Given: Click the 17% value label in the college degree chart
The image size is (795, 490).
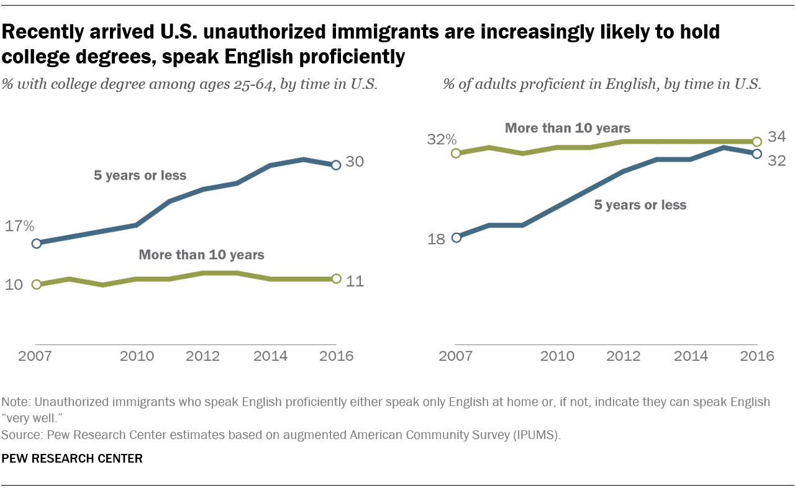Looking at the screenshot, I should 20,226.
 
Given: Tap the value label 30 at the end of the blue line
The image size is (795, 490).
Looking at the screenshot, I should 355,162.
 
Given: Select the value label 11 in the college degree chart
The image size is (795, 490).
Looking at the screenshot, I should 355,281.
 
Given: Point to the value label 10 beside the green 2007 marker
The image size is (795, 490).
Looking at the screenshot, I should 14,285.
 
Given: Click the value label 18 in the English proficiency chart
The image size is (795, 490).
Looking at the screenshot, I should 437,239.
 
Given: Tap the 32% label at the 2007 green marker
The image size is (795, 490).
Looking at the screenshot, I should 441,139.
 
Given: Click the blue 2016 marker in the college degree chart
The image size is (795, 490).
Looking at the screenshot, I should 336,165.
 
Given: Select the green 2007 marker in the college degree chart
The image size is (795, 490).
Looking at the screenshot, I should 36,284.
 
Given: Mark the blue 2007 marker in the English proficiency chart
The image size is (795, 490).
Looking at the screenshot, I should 457,237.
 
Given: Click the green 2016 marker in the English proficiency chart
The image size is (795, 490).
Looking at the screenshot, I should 756,141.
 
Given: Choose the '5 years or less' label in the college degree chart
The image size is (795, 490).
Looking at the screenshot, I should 140,175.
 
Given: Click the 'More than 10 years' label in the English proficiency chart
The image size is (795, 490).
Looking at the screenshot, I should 568,128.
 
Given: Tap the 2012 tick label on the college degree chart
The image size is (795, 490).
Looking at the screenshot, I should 204,356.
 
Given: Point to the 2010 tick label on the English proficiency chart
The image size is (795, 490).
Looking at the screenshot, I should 557,356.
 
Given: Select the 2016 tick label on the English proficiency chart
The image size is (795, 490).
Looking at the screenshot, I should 757,356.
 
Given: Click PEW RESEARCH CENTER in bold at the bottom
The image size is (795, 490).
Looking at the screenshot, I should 73,459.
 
